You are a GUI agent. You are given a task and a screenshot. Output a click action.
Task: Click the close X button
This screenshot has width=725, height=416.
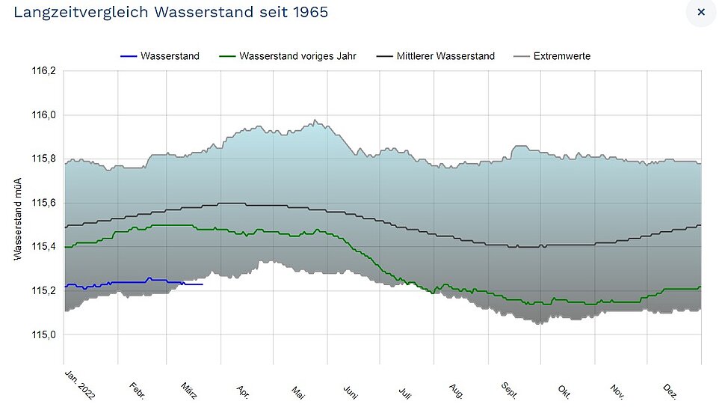(x=701, y=12)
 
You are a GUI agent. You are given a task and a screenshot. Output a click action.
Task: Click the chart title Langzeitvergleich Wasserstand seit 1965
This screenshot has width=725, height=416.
(x=171, y=12)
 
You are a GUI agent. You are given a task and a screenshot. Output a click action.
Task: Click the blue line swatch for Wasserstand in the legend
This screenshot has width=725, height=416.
(x=129, y=56)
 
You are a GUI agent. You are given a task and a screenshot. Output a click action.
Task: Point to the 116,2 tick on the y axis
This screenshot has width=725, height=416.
(x=43, y=71)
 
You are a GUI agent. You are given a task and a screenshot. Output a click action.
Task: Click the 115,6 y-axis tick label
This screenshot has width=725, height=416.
(x=43, y=203)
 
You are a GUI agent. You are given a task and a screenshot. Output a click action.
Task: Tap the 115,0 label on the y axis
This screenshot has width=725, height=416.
(x=43, y=334)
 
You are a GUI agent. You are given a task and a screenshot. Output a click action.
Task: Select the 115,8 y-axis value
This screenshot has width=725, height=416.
(x=43, y=159)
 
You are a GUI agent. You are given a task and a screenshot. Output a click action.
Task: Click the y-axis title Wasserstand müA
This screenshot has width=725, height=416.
(x=18, y=219)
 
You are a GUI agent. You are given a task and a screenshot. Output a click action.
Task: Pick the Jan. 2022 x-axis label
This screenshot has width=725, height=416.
(x=79, y=385)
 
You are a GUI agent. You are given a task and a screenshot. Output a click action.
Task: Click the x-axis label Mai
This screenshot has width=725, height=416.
(x=298, y=393)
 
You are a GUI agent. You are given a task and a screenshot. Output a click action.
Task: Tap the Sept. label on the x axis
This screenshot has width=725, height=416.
(x=509, y=391)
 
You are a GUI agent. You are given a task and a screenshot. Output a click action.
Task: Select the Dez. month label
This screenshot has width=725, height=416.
(x=670, y=391)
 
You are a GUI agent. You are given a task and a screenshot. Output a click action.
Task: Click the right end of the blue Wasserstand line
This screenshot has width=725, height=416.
(x=203, y=284)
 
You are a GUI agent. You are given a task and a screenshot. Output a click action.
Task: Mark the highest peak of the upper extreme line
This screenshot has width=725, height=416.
(x=315, y=120)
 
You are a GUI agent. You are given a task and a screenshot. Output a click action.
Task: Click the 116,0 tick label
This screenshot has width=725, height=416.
(x=43, y=114)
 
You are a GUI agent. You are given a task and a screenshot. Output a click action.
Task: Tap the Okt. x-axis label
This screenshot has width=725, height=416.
(x=564, y=392)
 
